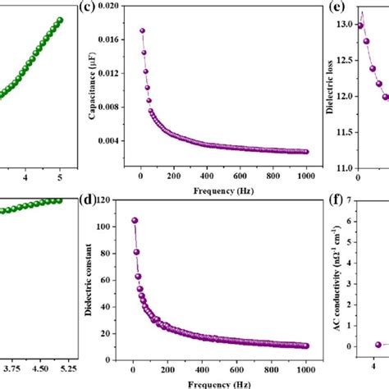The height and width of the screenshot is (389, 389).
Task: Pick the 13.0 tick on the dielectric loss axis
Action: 343,25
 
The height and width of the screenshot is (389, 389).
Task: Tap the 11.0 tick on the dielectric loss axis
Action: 343,167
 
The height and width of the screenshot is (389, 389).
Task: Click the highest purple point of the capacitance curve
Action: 142,31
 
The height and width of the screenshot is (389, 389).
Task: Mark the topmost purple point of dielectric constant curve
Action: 135,220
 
